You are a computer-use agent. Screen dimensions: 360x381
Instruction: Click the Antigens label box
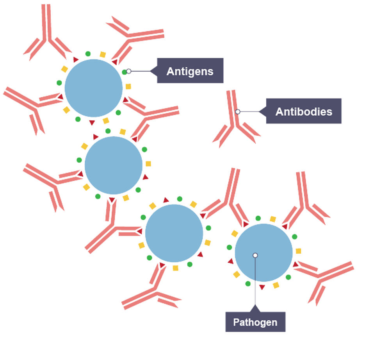[x=190, y=71]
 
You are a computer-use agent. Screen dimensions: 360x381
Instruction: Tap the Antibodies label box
[x=304, y=111]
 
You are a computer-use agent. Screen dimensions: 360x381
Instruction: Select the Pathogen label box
[x=255, y=322]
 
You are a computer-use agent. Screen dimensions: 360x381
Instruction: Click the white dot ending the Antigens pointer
[x=128, y=71]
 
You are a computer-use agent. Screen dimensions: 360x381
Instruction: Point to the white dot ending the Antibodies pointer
[x=238, y=112]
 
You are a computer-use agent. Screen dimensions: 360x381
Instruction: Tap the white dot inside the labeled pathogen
[x=255, y=255]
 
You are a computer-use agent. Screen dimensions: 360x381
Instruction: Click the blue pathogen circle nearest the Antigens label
[x=93, y=88]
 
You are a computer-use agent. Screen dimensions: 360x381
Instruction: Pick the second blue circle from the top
[x=113, y=165]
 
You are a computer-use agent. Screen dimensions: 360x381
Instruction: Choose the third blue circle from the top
[x=174, y=233]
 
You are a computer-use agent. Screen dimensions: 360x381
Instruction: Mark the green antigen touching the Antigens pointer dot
[x=124, y=72]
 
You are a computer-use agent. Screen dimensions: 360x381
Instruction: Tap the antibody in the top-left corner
[x=47, y=35]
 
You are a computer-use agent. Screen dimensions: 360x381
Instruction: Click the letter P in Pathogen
[x=236, y=322]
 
